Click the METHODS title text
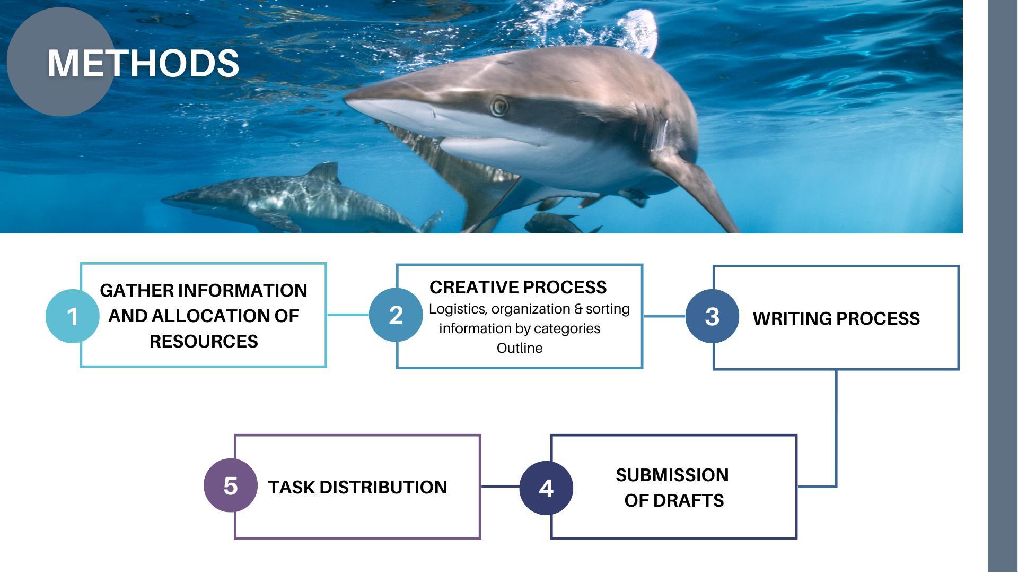tap(143, 63)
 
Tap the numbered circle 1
tap(73, 316)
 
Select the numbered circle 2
tap(396, 315)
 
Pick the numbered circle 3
tap(712, 316)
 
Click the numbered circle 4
tap(546, 488)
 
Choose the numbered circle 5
tap(231, 485)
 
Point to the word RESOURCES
tap(204, 342)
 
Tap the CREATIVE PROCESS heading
tap(518, 287)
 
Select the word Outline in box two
tap(520, 348)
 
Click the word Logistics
tap(458, 309)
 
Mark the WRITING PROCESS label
tap(836, 318)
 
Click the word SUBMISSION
tap(672, 475)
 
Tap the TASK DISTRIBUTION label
tap(357, 487)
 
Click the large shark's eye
tap(499, 106)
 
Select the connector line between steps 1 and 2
tap(348, 315)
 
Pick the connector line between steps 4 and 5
tap(500, 487)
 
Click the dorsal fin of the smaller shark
tap(324, 172)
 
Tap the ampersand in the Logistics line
tap(578, 309)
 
